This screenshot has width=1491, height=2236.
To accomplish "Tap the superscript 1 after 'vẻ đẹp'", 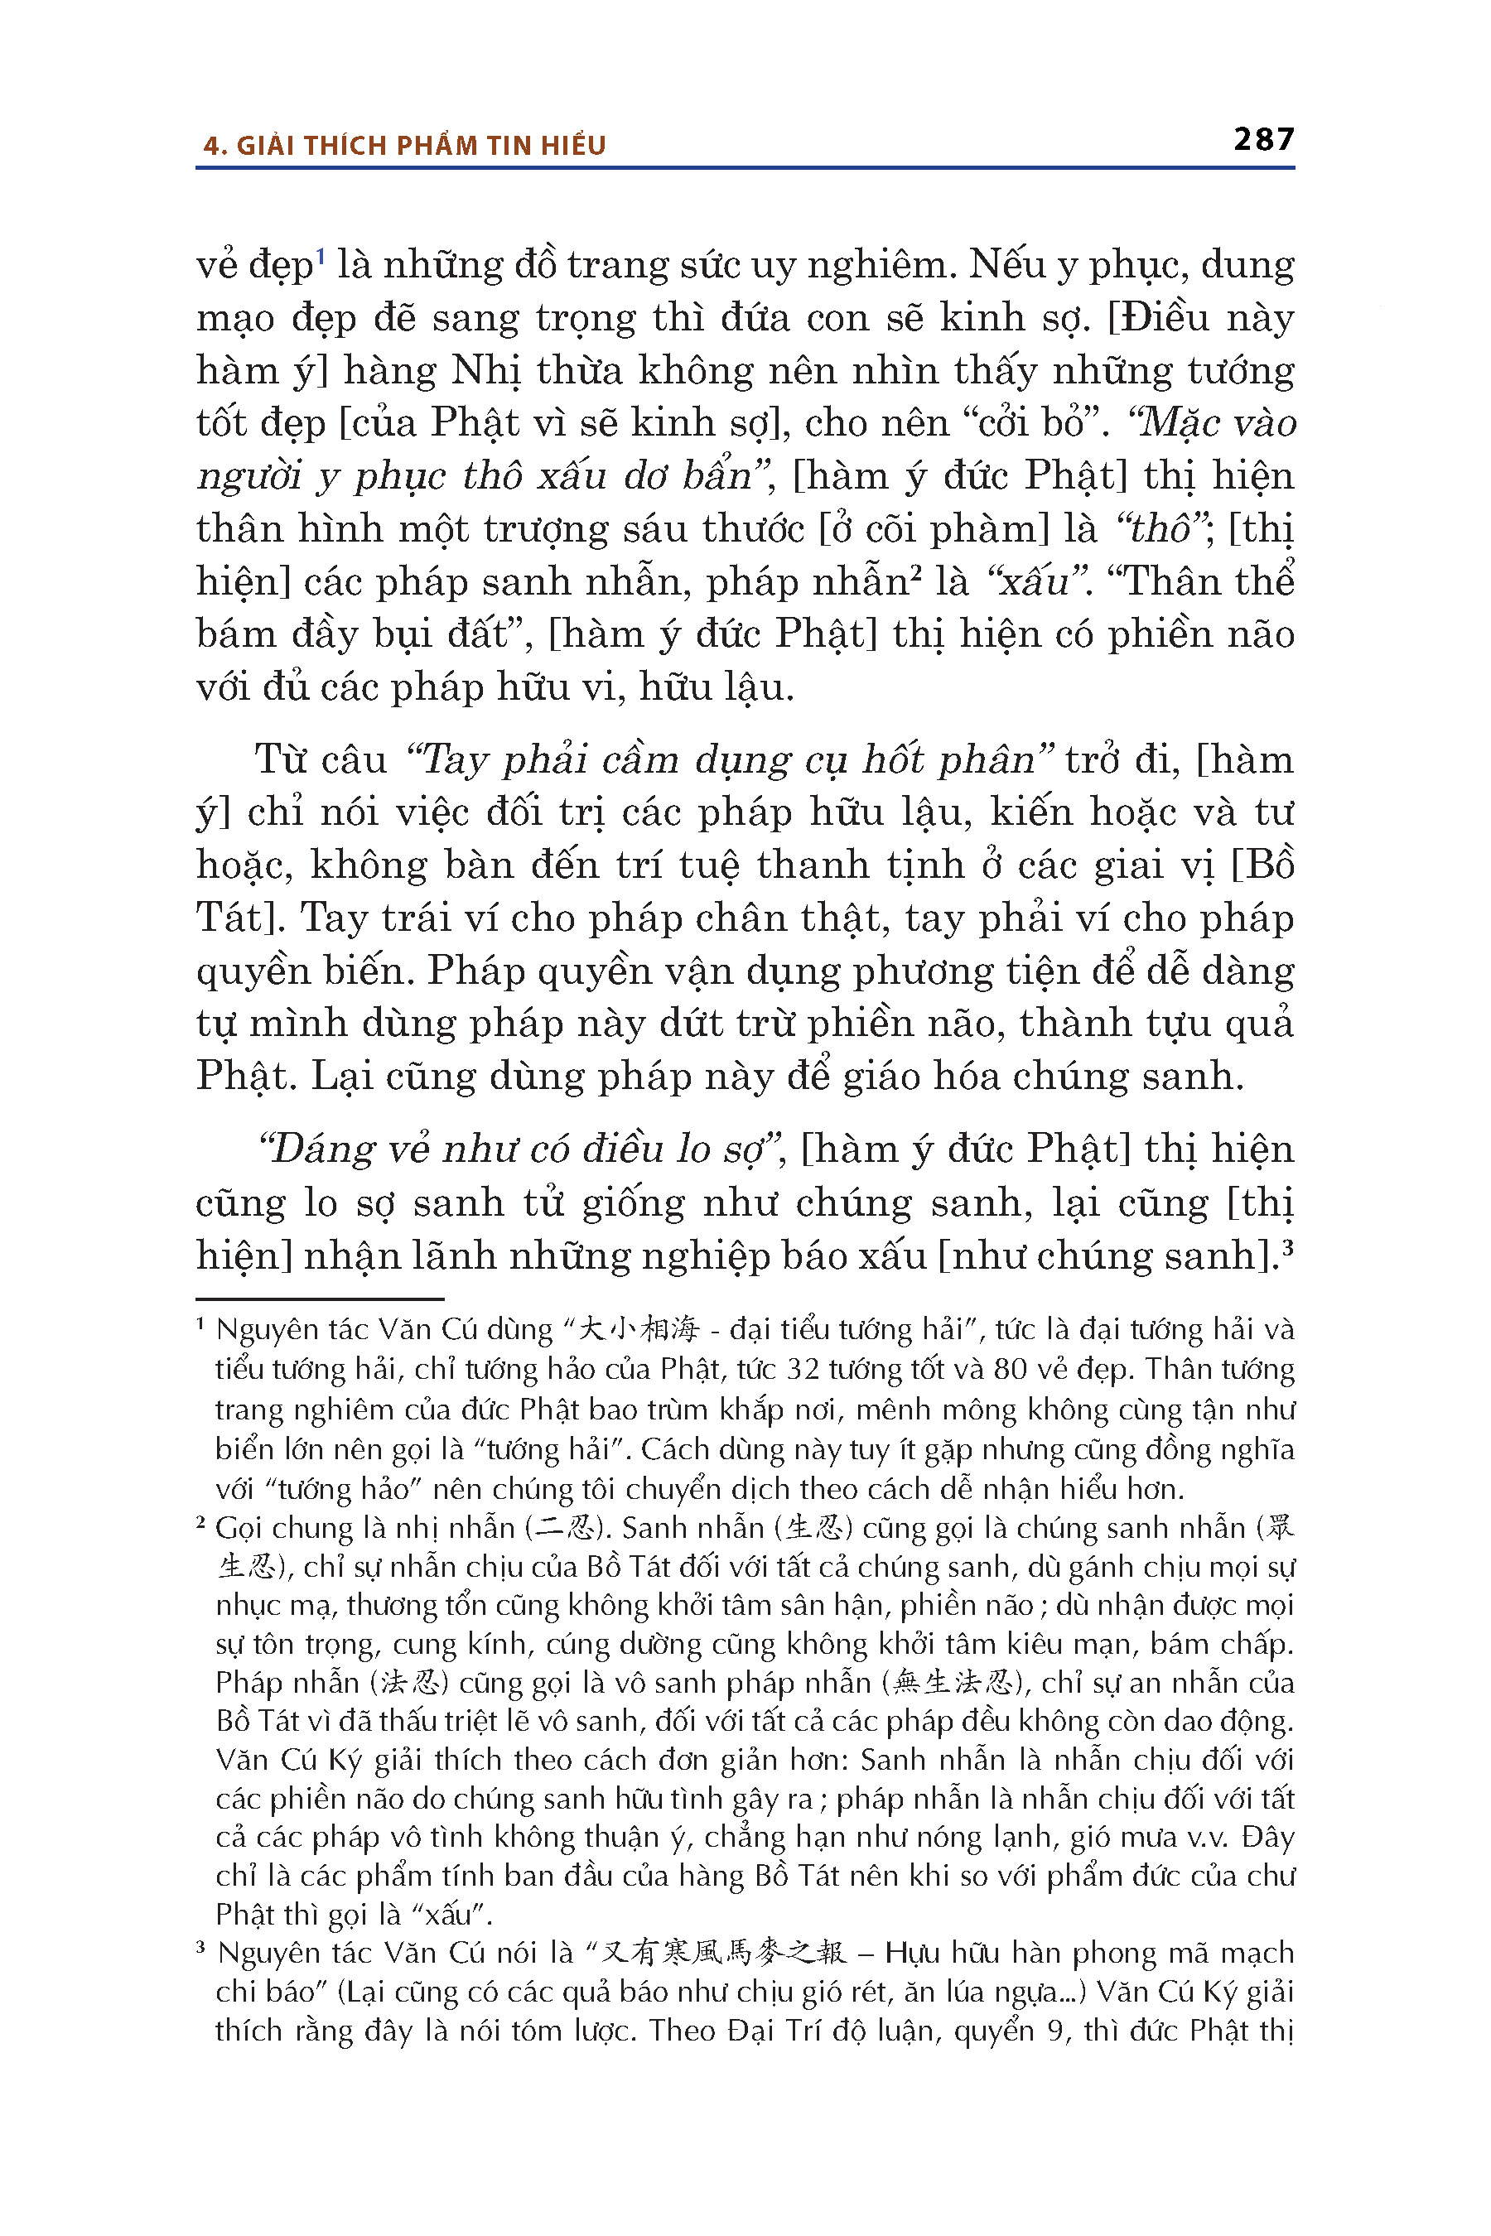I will click(x=321, y=255).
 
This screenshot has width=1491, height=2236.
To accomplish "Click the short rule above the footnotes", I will click(x=320, y=1299).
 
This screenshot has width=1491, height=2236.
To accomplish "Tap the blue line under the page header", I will click(x=745, y=168).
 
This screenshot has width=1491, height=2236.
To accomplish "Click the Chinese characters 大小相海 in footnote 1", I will click(x=638, y=1330).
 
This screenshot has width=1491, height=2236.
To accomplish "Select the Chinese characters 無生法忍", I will click(x=955, y=1684).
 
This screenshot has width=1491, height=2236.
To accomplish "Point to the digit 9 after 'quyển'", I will click(x=1054, y=2031).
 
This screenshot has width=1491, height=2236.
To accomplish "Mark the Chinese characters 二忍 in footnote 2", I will click(x=567, y=1529).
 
